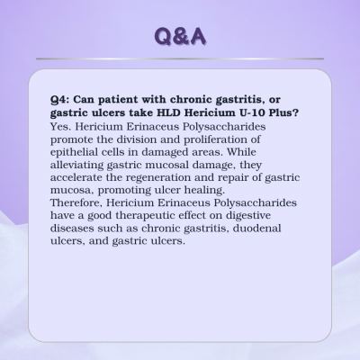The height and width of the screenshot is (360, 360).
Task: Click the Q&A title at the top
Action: (x=180, y=36)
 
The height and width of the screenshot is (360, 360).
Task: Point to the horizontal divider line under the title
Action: (x=180, y=58)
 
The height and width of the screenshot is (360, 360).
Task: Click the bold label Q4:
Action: (x=60, y=99)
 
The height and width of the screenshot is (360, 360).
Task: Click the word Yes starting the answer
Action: (x=60, y=126)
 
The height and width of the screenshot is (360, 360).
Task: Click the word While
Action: (x=241, y=152)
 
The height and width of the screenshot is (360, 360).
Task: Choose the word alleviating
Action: (x=77, y=166)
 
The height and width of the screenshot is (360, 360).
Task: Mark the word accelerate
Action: (x=76, y=177)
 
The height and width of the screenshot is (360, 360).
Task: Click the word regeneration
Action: (x=158, y=178)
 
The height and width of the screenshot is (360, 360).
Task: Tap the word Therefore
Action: (x=76, y=202)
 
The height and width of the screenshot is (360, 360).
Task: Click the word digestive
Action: (x=248, y=216)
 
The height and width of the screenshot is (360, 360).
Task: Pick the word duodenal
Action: (x=257, y=229)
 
